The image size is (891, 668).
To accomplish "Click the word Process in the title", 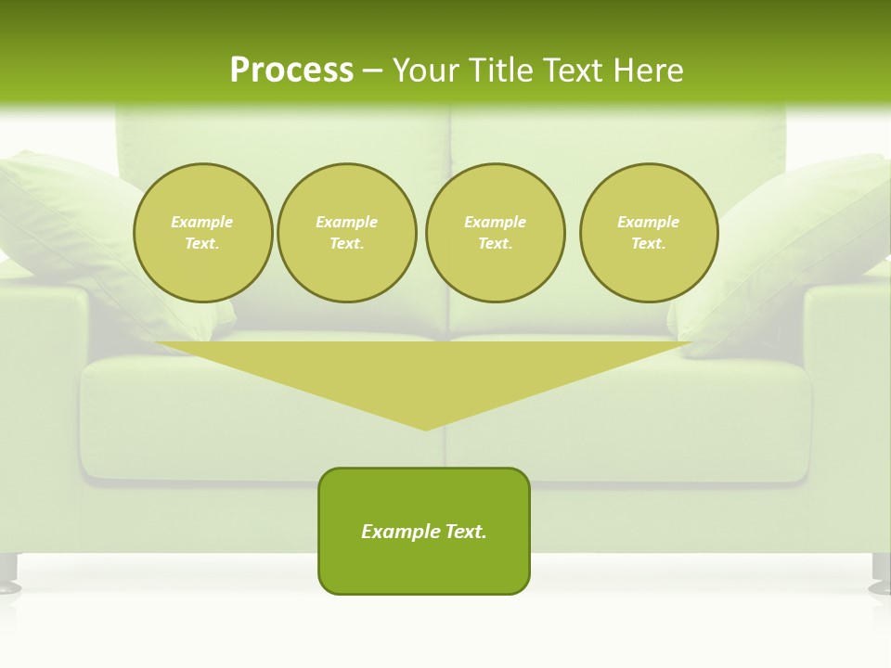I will point(291,71).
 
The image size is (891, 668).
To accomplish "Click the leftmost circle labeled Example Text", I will point(202,233).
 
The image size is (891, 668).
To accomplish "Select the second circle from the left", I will point(346,233).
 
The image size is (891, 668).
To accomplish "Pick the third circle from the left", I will point(495,233).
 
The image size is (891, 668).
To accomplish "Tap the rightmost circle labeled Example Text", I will point(649,233).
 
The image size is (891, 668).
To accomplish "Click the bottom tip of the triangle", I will point(425,427).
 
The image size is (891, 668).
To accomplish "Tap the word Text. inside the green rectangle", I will point(465,532).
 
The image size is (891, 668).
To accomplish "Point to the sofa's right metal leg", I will point(881,572).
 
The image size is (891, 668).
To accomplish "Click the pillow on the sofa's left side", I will point(65,223).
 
